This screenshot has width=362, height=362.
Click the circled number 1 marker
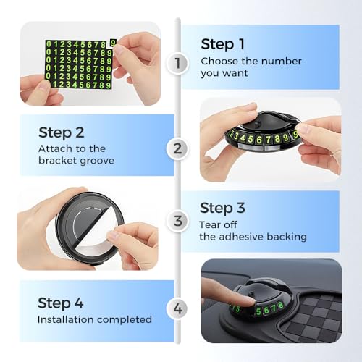click(x=177, y=63)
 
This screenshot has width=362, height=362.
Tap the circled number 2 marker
click(x=177, y=148)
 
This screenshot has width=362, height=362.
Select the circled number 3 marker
click(x=177, y=221)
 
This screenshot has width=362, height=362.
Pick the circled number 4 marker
click(x=177, y=308)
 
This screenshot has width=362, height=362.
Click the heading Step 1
click(x=222, y=45)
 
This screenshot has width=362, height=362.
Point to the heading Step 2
click(x=62, y=133)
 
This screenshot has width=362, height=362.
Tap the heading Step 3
click(x=222, y=209)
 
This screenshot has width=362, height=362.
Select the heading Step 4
click(x=61, y=303)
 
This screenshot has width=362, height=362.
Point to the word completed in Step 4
click(x=125, y=320)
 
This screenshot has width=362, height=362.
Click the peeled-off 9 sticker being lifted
click(x=113, y=43)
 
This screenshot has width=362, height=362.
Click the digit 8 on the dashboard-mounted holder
click(x=280, y=306)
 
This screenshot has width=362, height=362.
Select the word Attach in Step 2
click(x=52, y=149)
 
